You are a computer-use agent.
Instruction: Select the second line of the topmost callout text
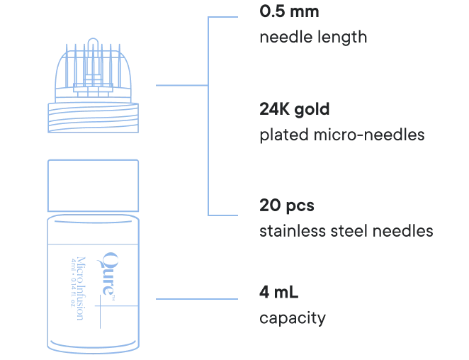pyautogui.click(x=312, y=36)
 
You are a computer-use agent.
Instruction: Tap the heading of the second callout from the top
pyautogui.click(x=294, y=111)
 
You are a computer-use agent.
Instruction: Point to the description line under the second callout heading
pyautogui.click(x=339, y=135)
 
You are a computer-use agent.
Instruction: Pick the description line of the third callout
pyautogui.click(x=344, y=231)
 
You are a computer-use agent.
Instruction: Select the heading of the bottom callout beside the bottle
pyautogui.click(x=278, y=293)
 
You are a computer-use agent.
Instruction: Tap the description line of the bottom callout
pyautogui.click(x=291, y=318)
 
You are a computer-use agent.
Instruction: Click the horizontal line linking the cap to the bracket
pyautogui.click(x=180, y=85)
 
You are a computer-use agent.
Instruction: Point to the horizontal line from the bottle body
pyautogui.click(x=196, y=298)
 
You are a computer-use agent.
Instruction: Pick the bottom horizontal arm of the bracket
pyautogui.click(x=222, y=212)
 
